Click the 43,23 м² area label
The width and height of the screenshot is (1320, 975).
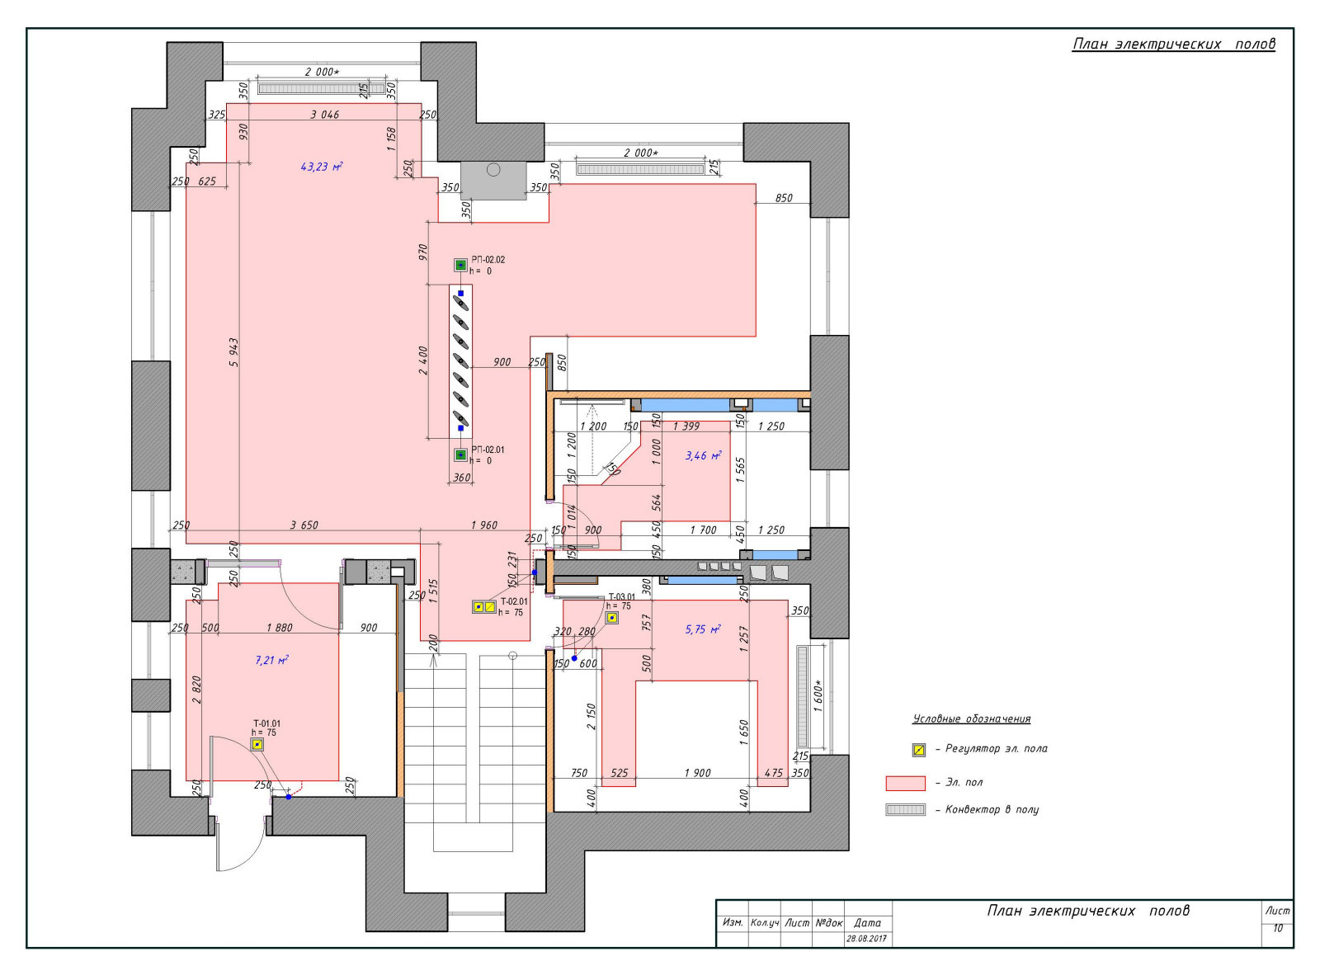(x=322, y=167)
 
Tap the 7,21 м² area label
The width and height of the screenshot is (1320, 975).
(x=272, y=660)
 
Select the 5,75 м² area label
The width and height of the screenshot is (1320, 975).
(x=703, y=629)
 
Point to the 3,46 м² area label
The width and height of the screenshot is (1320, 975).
(x=704, y=455)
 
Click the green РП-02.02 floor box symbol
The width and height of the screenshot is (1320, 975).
(x=460, y=265)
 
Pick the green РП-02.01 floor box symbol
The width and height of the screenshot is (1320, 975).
(x=460, y=455)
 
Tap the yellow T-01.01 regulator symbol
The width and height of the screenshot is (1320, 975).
(x=257, y=745)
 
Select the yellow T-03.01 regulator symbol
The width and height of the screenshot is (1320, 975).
(x=612, y=618)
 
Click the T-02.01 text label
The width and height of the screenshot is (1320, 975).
(x=514, y=601)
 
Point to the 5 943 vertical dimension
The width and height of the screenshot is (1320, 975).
(x=233, y=352)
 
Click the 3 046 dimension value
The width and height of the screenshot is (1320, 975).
(x=325, y=115)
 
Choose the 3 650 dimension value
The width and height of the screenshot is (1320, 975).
(x=304, y=525)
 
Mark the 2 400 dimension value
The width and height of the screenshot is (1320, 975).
(x=423, y=360)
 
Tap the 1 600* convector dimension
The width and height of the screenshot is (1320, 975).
(x=819, y=696)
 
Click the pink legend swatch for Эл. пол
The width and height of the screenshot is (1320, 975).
(x=905, y=784)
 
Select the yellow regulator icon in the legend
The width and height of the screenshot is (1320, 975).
(x=919, y=750)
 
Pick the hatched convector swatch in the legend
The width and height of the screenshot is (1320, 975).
(x=905, y=809)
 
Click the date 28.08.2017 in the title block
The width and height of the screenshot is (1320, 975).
(x=866, y=939)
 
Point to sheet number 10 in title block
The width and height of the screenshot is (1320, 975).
(x=1278, y=929)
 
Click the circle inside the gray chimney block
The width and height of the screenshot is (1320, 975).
(x=493, y=170)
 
